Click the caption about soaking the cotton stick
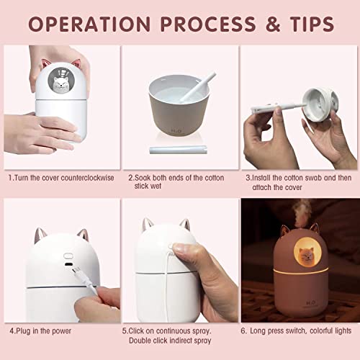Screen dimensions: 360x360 coord(176,181)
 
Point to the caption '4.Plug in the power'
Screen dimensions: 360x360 coord(42,332)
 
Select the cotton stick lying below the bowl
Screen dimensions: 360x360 coord(173,149)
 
